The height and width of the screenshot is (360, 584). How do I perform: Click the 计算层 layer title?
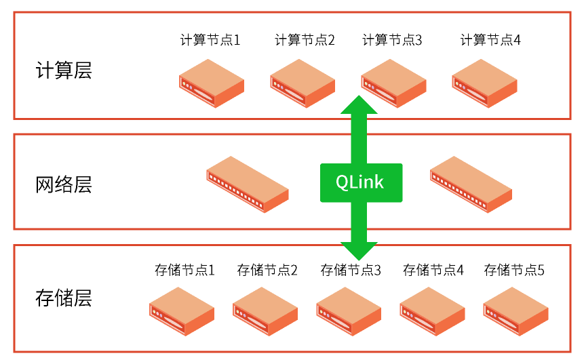click(63, 71)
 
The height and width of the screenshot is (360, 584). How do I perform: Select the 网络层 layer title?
click(63, 184)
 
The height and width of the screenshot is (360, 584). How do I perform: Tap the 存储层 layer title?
click(63, 298)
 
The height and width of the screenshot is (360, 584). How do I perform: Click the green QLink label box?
click(360, 182)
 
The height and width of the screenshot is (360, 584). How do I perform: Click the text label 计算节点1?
click(210, 40)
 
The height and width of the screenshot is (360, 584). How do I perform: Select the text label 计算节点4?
click(490, 40)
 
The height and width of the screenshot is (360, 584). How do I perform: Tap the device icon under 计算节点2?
click(303, 83)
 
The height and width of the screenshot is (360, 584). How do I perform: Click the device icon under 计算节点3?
click(393, 83)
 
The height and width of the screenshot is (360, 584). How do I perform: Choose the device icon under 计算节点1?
click(212, 83)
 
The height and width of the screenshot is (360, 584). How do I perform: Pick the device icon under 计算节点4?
click(484, 83)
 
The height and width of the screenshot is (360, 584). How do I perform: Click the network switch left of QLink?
click(248, 184)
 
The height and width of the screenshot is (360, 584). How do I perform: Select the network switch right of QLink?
click(471, 184)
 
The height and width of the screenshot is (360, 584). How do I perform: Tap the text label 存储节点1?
click(184, 271)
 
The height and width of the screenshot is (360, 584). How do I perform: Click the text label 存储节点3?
click(351, 271)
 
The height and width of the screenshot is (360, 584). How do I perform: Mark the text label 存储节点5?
click(514, 271)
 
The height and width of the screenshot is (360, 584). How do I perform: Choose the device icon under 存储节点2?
click(265, 311)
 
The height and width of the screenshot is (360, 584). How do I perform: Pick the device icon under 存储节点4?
click(432, 311)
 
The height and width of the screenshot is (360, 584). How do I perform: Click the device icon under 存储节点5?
click(515, 311)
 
